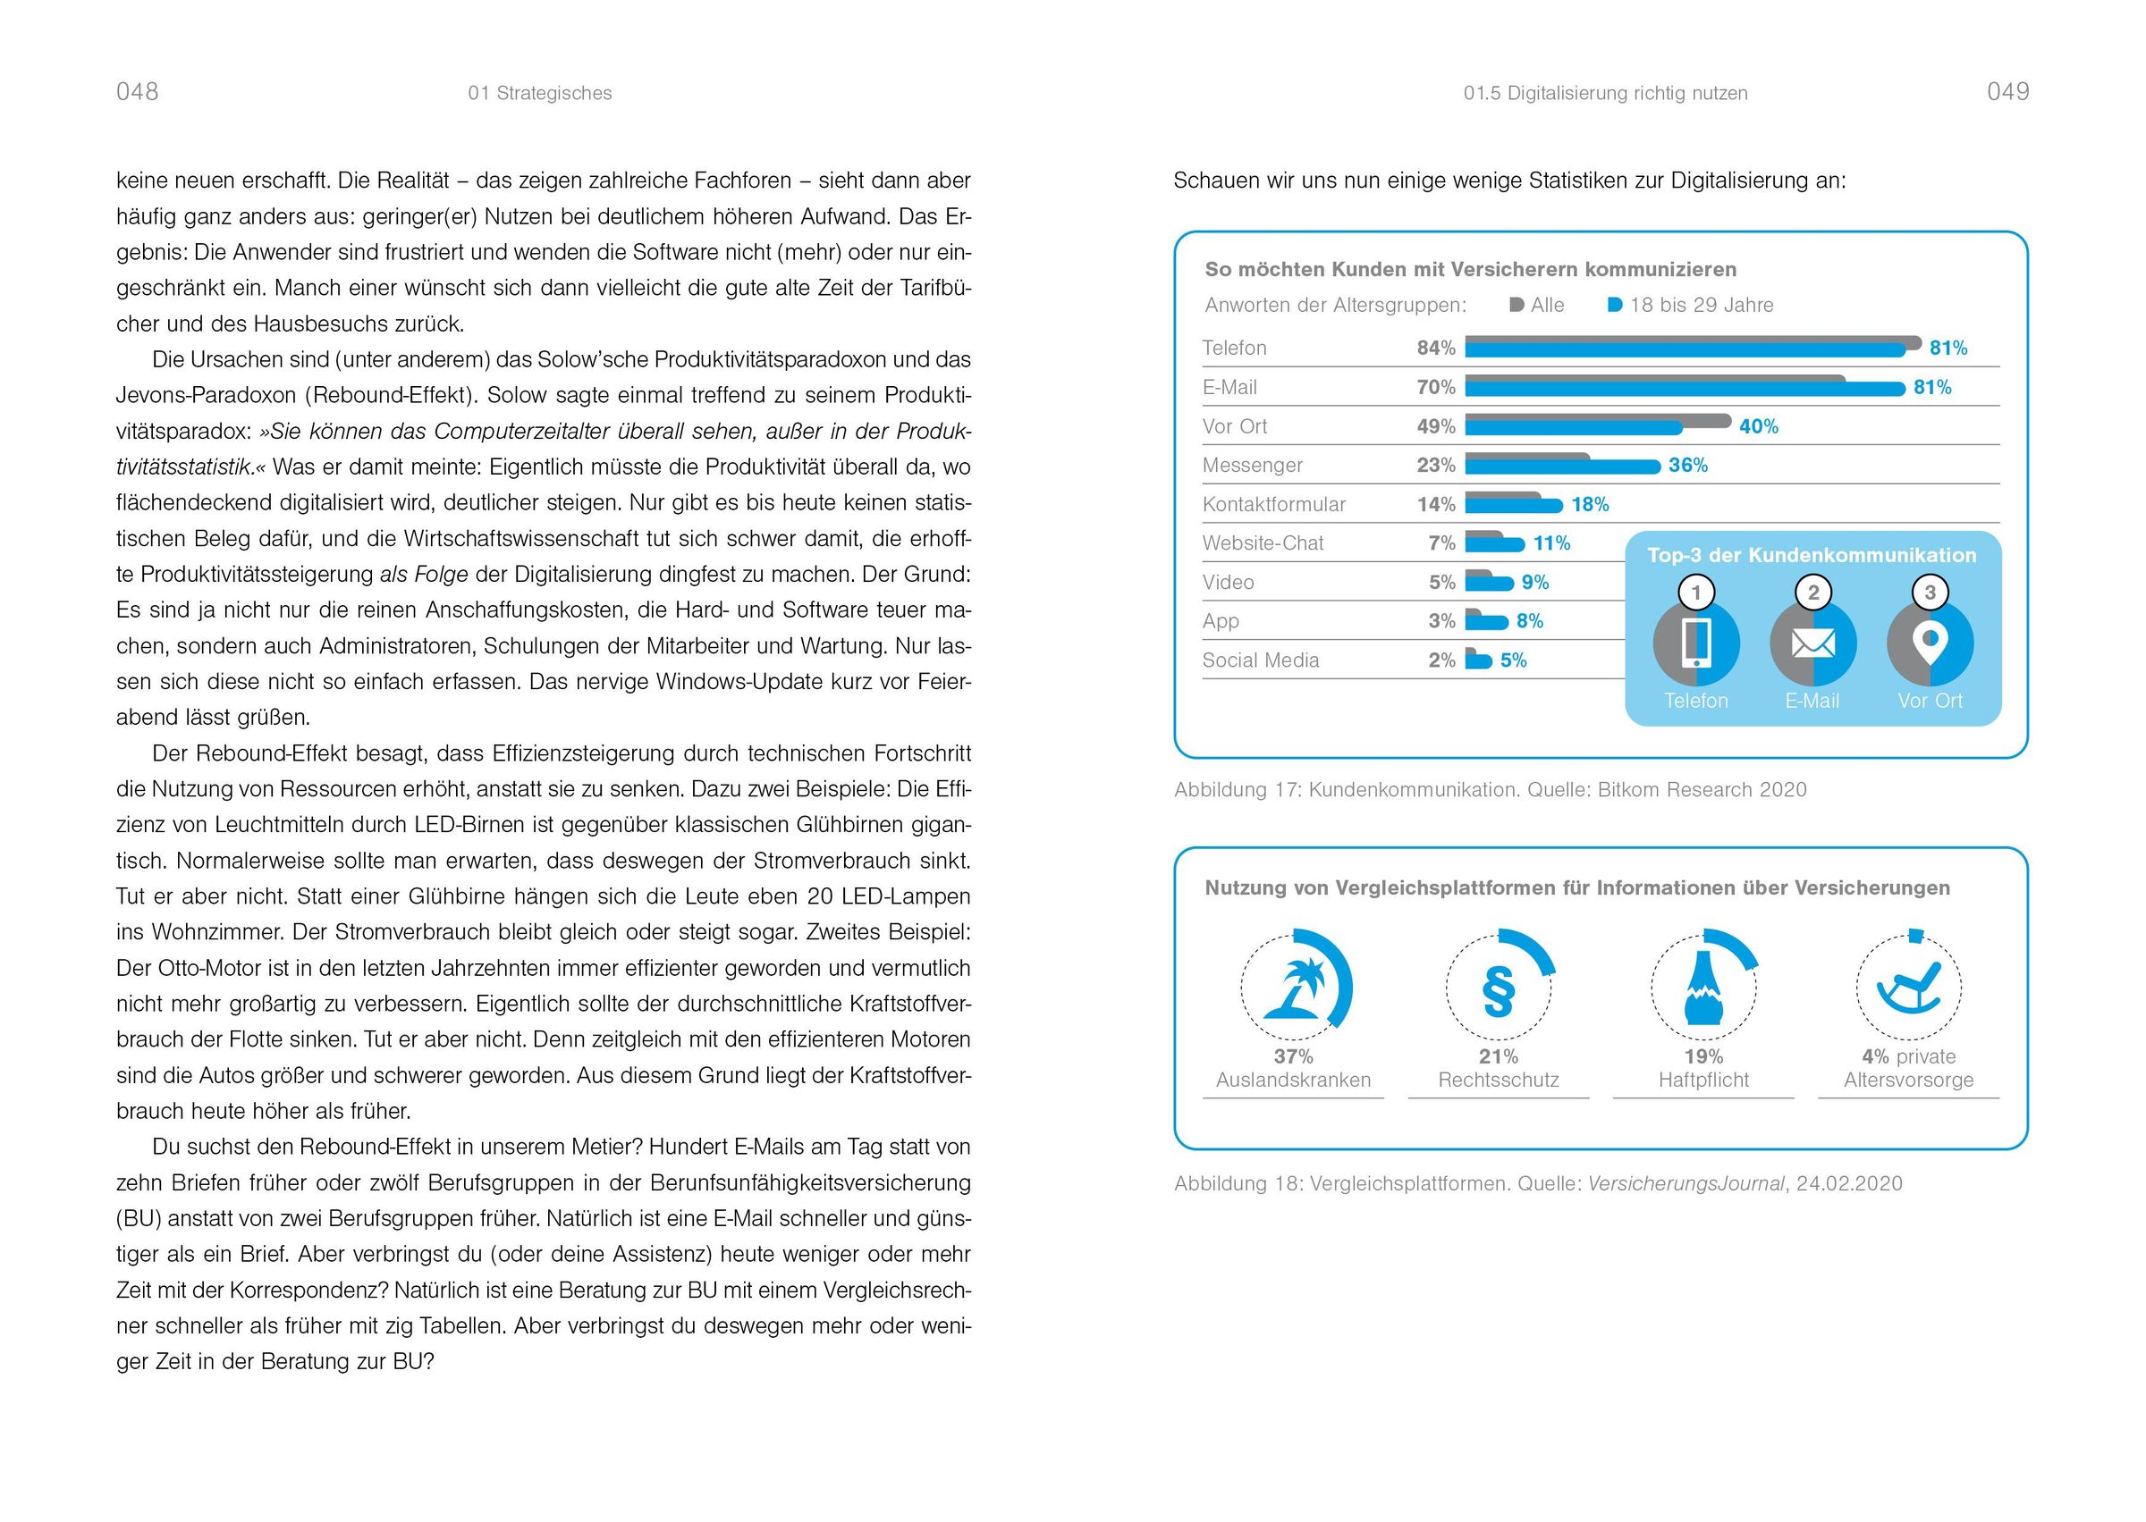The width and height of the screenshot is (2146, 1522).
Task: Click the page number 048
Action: (137, 92)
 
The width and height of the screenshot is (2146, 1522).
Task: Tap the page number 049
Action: (2007, 92)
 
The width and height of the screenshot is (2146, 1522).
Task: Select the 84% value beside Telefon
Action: (1435, 348)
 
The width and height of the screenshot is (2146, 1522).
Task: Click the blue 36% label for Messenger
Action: (1687, 465)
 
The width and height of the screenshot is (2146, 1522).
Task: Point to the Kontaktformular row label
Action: (1273, 504)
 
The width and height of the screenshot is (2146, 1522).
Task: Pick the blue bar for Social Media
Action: (1478, 660)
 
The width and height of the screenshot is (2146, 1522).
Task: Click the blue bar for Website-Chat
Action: (1494, 543)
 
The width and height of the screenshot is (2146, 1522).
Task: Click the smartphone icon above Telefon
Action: (1696, 643)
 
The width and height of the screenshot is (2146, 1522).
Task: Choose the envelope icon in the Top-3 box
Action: (1812, 643)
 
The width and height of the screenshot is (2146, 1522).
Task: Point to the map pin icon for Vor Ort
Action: (1930, 643)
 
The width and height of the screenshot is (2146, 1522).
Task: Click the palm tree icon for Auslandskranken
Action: (1295, 988)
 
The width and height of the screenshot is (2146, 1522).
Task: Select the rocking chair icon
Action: (1908, 988)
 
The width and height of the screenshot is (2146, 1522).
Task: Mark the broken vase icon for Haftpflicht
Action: (1703, 991)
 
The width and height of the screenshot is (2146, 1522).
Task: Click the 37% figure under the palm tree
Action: (1293, 1056)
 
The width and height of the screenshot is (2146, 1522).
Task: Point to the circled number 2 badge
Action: (1813, 593)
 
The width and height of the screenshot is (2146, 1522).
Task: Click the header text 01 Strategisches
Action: (539, 93)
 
